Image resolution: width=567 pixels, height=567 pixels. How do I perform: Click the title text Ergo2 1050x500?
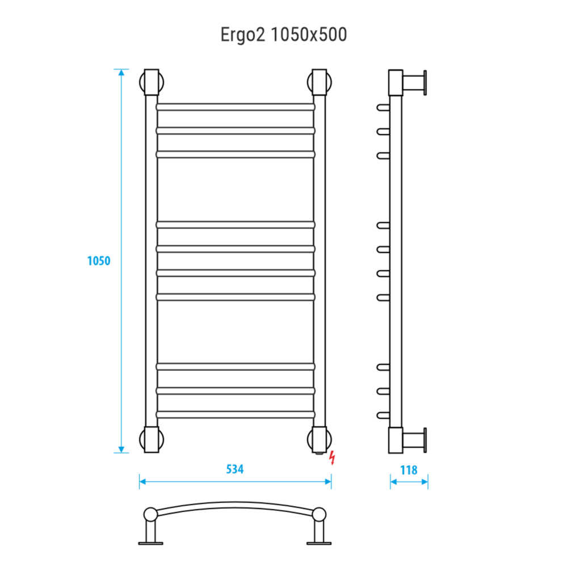click(x=284, y=35)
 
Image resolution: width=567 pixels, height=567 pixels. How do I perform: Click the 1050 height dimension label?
click(x=99, y=261)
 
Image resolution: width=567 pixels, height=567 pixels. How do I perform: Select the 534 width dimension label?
click(x=235, y=469)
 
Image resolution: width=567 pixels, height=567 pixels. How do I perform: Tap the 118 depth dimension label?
click(x=409, y=470)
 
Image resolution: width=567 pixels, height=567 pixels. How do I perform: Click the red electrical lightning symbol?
click(x=332, y=458)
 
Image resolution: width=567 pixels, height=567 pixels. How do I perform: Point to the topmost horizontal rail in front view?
click(x=236, y=107)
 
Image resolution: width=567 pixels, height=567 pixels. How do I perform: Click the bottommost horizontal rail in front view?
click(x=236, y=415)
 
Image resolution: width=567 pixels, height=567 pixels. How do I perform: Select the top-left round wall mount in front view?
click(x=152, y=82)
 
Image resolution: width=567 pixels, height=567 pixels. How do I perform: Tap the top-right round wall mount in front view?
click(x=320, y=82)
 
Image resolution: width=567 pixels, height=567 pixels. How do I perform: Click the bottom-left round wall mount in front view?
click(x=152, y=439)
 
